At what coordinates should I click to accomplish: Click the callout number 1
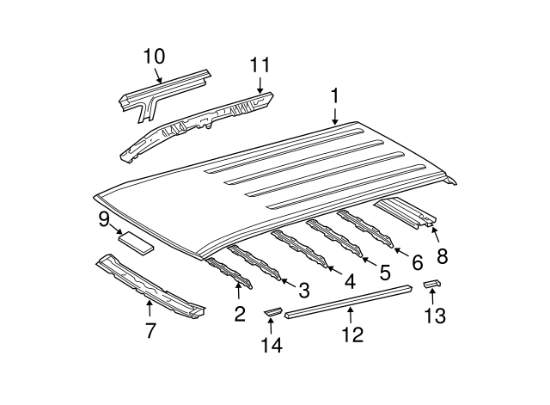335,96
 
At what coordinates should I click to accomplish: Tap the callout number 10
153,57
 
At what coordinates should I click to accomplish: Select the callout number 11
260,65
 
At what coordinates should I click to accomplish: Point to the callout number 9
104,219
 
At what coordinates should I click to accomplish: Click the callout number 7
150,329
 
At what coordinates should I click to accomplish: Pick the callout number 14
271,346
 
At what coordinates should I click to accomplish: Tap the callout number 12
353,334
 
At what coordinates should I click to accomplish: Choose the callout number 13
435,316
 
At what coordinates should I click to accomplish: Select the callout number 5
384,272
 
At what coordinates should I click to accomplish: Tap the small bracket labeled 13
432,285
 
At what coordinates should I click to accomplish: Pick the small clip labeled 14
272,310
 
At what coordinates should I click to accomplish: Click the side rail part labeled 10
163,87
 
